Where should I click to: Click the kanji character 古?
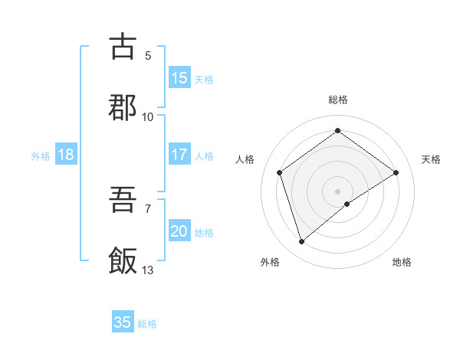tap(123, 46)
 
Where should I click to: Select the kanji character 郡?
tap(123, 107)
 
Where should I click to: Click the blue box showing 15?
tap(179, 78)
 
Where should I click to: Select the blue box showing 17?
tap(179, 155)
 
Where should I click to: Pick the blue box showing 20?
tap(179, 231)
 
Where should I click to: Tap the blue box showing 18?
tap(66, 155)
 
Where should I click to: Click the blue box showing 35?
tap(123, 322)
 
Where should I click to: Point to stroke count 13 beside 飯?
tap(148, 270)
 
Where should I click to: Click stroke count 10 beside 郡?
tap(148, 116)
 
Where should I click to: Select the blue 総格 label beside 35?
tap(147, 323)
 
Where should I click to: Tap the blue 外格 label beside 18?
tap(41, 155)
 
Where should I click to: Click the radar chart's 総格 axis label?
tap(338, 100)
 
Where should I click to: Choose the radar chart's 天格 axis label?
tap(432, 159)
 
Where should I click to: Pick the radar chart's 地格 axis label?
tap(402, 262)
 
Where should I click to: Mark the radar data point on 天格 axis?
tap(396, 172)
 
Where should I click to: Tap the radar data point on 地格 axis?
tap(347, 204)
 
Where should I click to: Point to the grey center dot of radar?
tap(338, 191)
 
